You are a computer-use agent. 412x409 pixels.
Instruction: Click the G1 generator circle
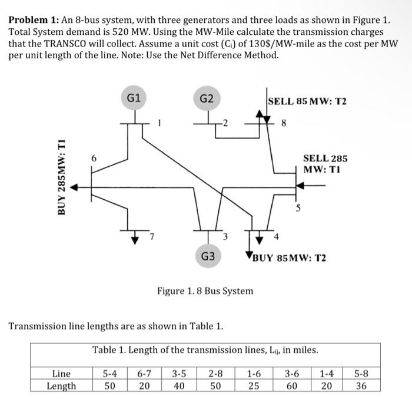134,98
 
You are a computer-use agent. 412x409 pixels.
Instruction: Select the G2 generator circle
207,98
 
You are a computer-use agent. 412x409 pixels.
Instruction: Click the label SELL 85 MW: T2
307,101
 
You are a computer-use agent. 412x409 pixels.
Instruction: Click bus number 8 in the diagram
284,124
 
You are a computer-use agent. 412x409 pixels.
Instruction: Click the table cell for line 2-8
215,373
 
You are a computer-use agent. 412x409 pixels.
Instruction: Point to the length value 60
291,386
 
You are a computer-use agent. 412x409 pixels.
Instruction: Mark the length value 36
361,386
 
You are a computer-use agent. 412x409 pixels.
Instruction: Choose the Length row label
61,386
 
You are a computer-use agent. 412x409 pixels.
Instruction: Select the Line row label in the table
61,373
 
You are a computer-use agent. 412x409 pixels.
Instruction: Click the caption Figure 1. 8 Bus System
205,291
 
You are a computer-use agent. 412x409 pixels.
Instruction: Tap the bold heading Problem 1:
35,19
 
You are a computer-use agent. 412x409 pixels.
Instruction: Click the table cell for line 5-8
361,373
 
